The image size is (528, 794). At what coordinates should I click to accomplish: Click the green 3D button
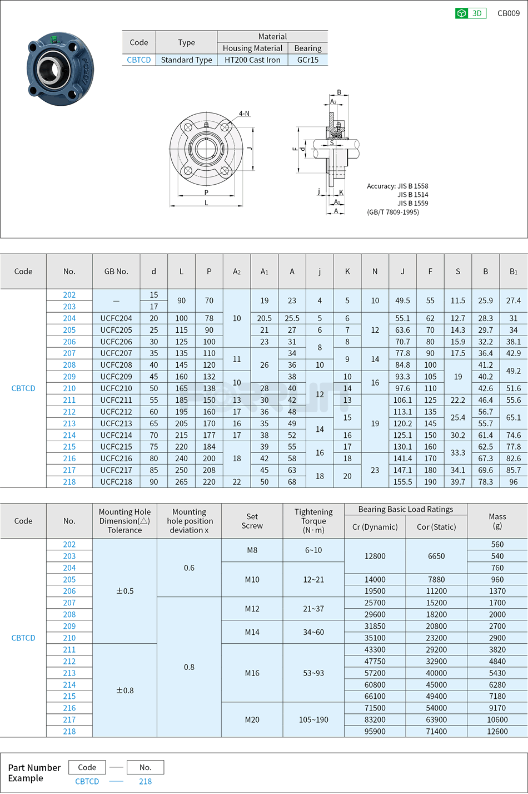click(470, 13)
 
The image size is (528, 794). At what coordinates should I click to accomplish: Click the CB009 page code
click(508, 13)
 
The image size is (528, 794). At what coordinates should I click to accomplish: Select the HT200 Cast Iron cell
click(252, 60)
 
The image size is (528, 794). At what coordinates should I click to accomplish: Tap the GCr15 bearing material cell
click(307, 60)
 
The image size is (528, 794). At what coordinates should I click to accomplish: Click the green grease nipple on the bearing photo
click(53, 39)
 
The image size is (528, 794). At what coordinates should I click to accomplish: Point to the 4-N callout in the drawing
click(244, 114)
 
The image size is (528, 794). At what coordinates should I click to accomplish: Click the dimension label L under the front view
click(206, 203)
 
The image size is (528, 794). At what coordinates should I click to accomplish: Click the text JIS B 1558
click(412, 186)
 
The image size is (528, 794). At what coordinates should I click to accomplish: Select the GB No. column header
click(116, 272)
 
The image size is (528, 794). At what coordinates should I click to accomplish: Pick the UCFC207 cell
click(116, 353)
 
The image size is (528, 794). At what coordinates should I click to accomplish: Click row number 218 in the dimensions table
click(69, 482)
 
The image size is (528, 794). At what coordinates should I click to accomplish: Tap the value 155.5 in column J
click(402, 482)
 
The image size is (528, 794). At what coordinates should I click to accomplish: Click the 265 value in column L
click(181, 482)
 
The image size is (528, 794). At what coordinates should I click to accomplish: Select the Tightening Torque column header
click(313, 521)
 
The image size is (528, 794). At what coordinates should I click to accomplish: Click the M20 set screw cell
click(252, 720)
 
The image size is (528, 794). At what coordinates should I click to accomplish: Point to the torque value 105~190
click(313, 720)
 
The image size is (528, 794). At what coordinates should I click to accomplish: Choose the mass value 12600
click(497, 732)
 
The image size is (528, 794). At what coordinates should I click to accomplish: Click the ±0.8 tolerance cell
click(124, 691)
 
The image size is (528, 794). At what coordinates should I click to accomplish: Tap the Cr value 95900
click(375, 732)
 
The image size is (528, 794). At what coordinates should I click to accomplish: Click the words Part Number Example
click(34, 773)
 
